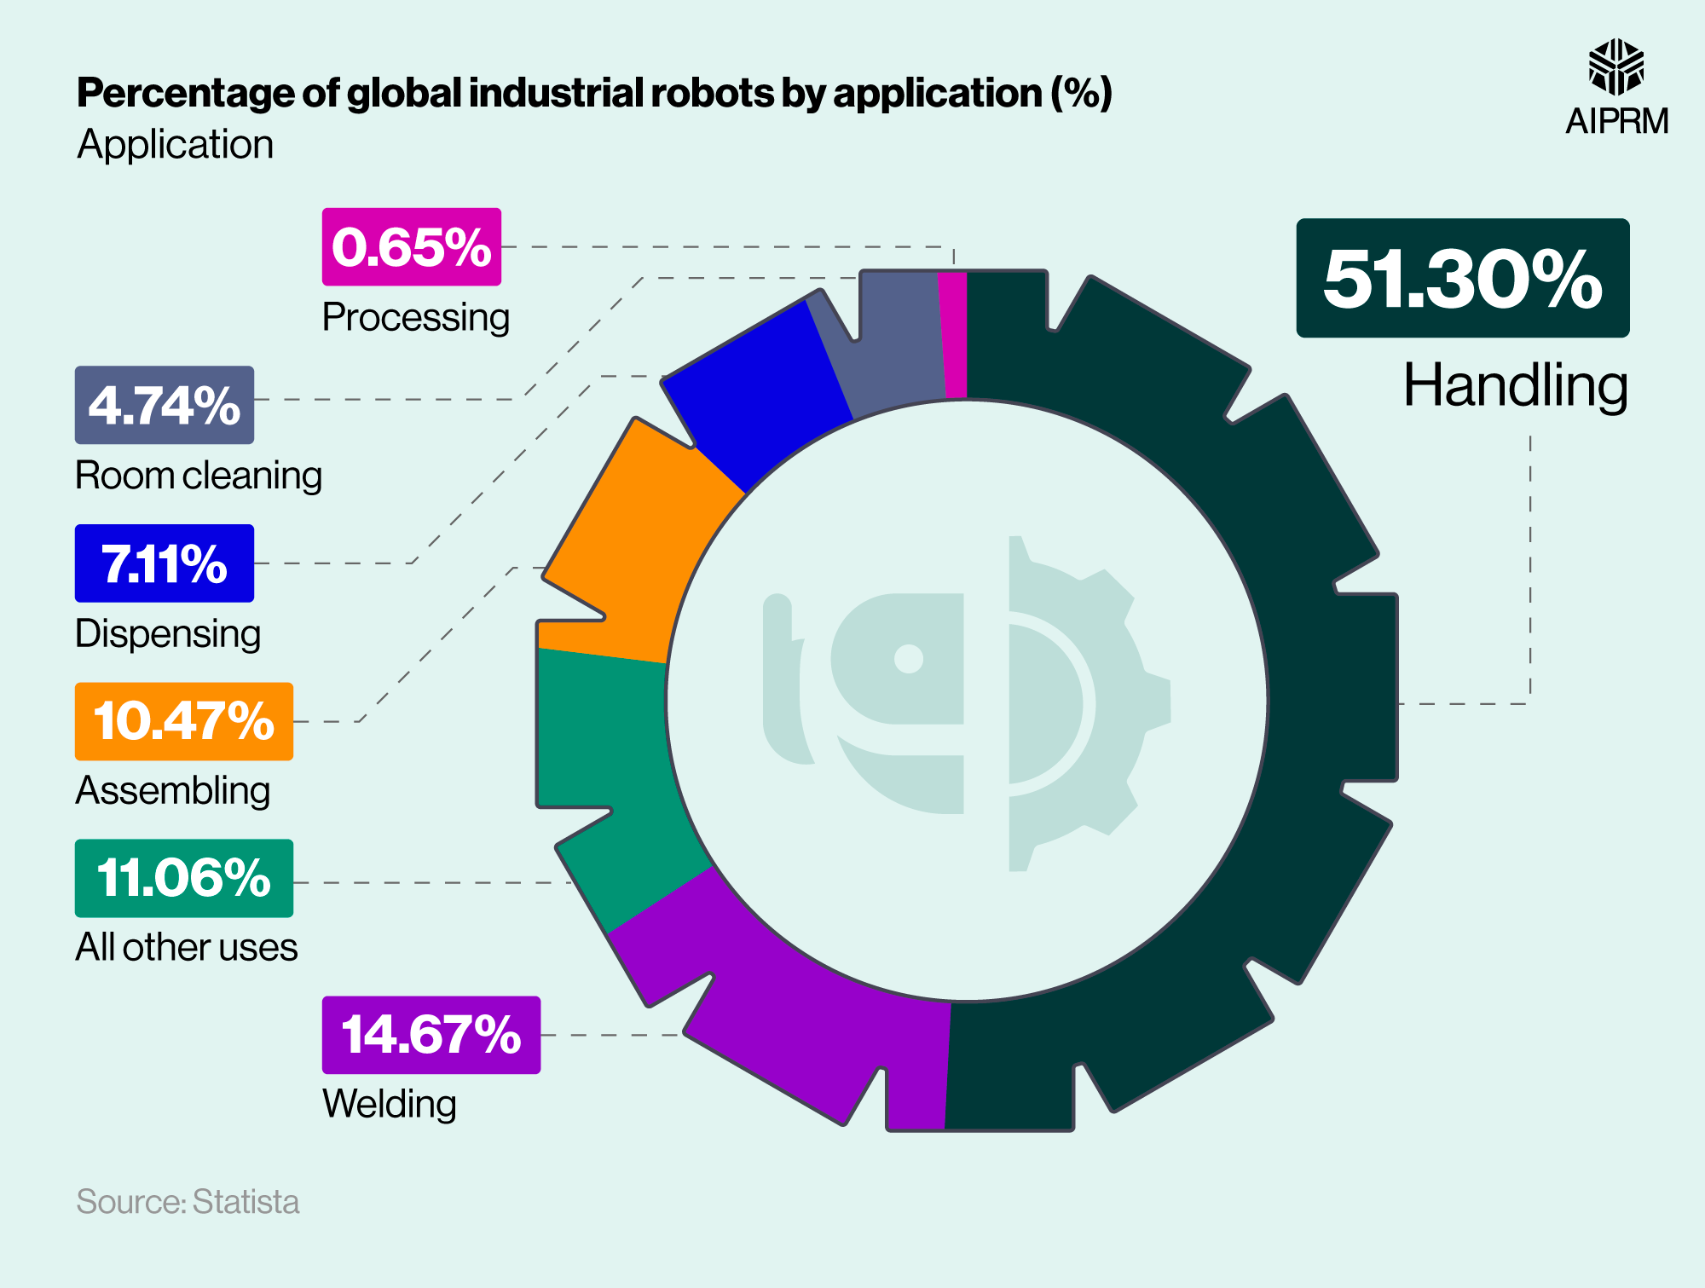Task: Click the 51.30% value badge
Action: point(1462,278)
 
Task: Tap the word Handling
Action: point(1515,386)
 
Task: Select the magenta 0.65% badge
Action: point(411,246)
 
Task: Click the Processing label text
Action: point(415,317)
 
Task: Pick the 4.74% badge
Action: point(164,405)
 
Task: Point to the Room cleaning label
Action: point(199,476)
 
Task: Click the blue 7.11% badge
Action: point(164,563)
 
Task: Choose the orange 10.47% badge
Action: point(183,721)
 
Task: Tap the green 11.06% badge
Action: point(183,878)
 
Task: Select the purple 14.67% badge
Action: point(431,1035)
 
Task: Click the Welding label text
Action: point(390,1104)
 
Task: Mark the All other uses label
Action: point(186,947)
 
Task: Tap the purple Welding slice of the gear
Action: point(784,1023)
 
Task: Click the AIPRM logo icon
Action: point(1615,66)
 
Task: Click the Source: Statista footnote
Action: point(188,1202)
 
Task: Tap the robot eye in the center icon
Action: point(909,658)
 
